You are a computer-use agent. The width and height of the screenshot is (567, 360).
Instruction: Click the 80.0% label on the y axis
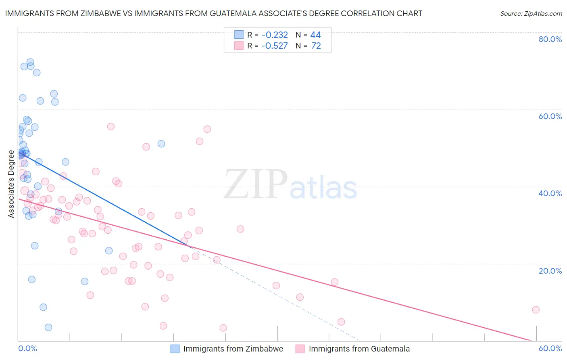(550, 39)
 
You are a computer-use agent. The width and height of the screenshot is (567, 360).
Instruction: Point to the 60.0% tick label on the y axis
(550, 116)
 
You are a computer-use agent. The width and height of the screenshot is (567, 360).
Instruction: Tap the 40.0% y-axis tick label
(550, 193)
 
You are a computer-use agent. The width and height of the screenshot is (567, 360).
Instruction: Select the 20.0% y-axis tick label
(550, 271)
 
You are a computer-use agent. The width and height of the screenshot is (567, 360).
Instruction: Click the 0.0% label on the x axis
(27, 348)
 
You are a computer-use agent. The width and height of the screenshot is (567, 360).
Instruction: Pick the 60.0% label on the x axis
(550, 348)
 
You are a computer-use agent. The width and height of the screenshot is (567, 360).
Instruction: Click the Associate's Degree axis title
(11, 184)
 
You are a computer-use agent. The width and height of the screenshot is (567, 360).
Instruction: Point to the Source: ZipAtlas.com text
(531, 13)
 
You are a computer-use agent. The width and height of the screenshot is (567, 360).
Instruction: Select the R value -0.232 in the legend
(275, 35)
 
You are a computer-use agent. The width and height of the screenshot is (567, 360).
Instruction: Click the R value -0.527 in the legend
(275, 46)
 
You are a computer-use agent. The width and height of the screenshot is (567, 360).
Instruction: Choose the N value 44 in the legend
(315, 35)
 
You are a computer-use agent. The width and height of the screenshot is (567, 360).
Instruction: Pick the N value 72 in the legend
(316, 46)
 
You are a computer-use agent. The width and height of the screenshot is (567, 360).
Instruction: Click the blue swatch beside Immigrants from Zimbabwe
(175, 349)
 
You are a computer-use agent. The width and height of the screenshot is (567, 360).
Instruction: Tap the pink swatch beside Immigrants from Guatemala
(300, 349)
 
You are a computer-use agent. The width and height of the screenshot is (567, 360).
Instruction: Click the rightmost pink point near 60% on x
(536, 310)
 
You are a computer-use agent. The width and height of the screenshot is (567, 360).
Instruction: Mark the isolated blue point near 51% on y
(161, 144)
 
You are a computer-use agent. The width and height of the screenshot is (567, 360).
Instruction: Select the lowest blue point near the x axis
(48, 327)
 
